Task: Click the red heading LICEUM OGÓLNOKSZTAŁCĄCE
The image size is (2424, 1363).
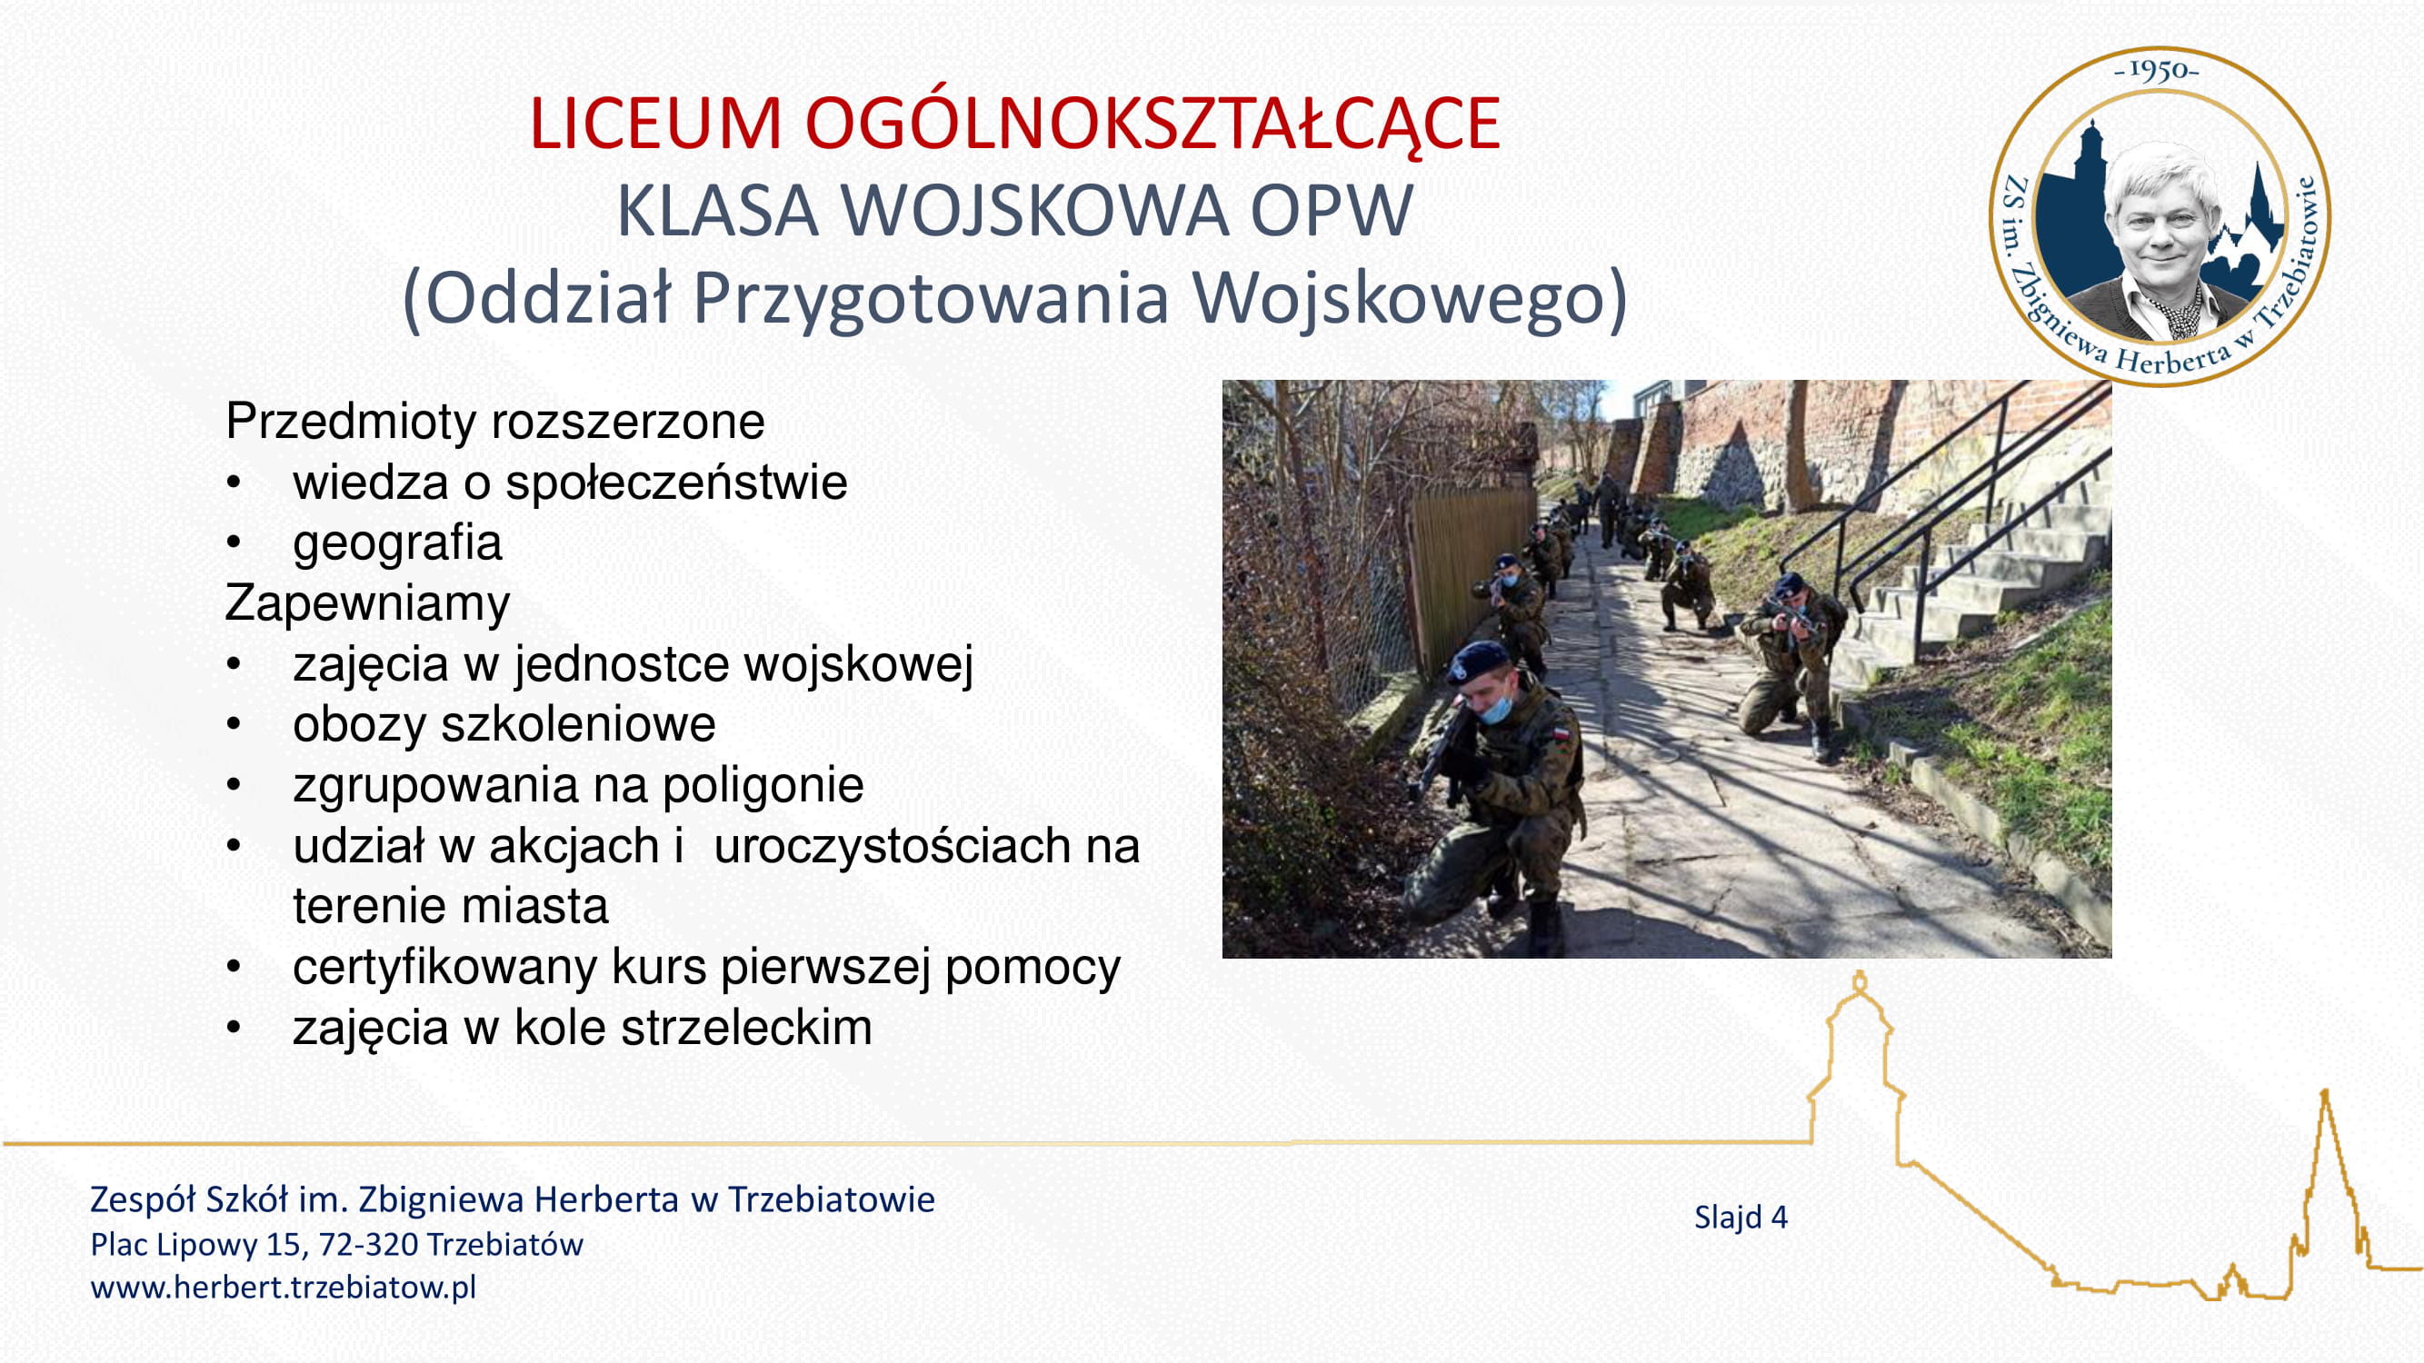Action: tap(1014, 124)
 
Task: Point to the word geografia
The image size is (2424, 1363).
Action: tap(397, 542)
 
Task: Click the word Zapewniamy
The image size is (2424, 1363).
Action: tap(367, 603)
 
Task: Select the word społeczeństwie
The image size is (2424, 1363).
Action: tap(675, 483)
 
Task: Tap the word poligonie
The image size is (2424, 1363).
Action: tap(763, 785)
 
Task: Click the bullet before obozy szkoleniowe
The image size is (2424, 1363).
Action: tap(234, 725)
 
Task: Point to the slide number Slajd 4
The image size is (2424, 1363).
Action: tap(1741, 1218)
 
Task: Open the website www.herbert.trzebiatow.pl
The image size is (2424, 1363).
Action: tap(284, 1287)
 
